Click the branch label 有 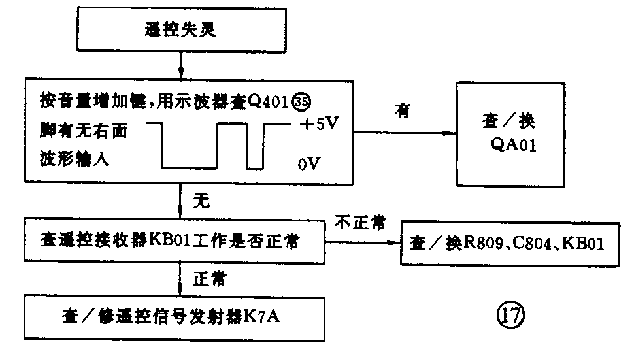click(x=401, y=111)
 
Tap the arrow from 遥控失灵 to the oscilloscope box click(x=180, y=65)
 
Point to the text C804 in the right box click(x=537, y=244)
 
